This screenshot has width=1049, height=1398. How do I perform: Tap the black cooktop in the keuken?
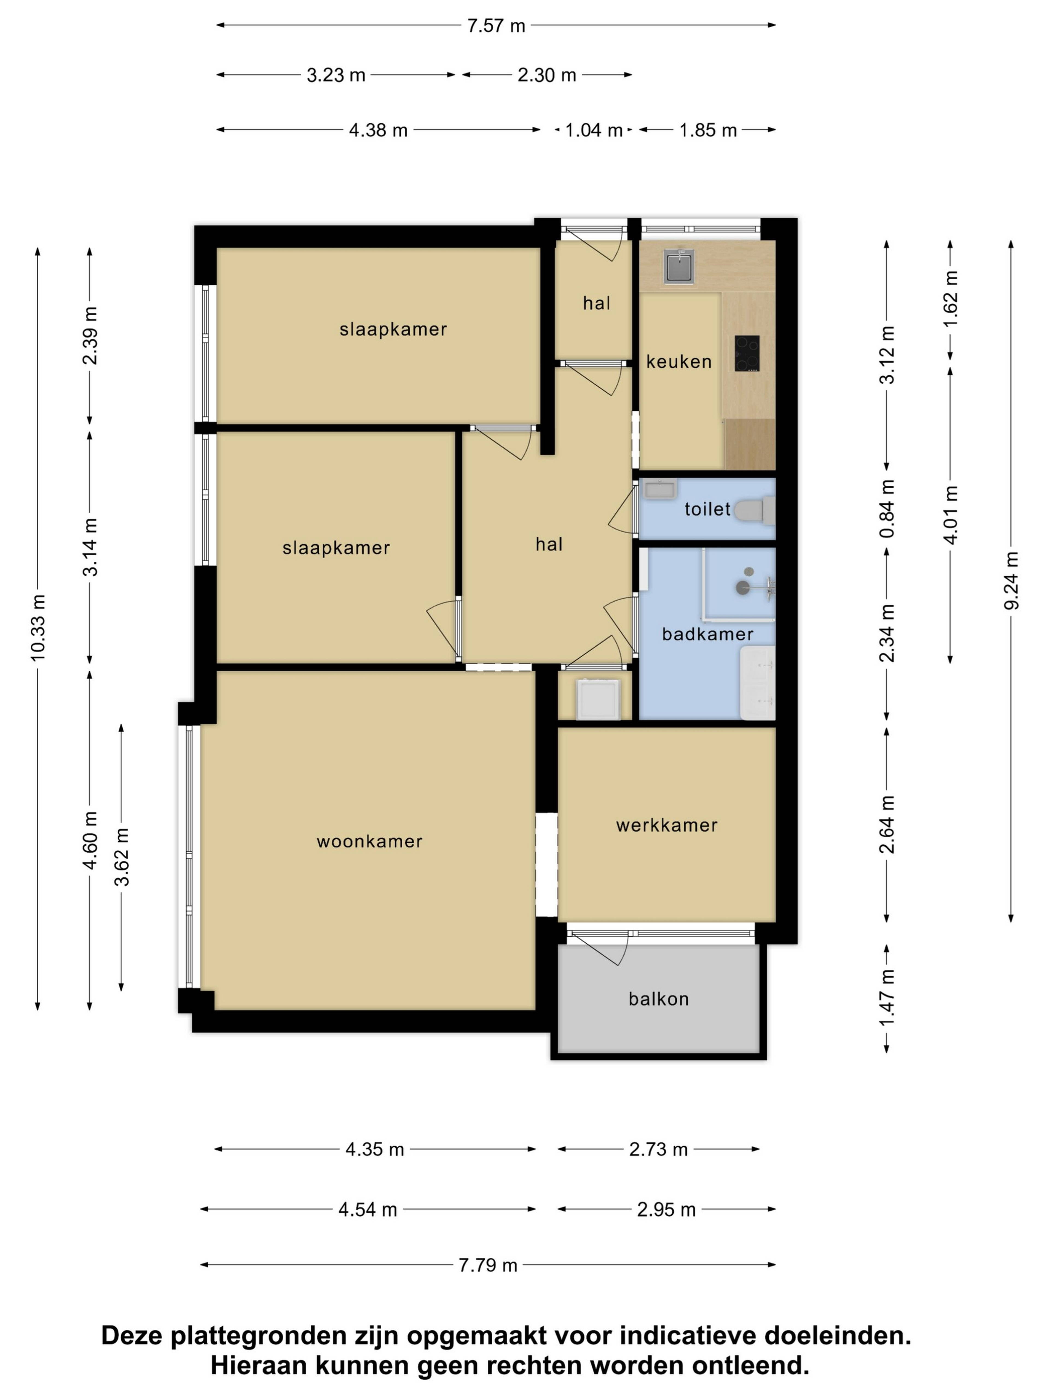(x=747, y=353)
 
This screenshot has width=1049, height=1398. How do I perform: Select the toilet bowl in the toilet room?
(x=754, y=511)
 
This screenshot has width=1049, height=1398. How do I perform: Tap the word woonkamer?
(x=369, y=841)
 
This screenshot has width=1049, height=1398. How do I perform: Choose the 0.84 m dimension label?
(x=887, y=509)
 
